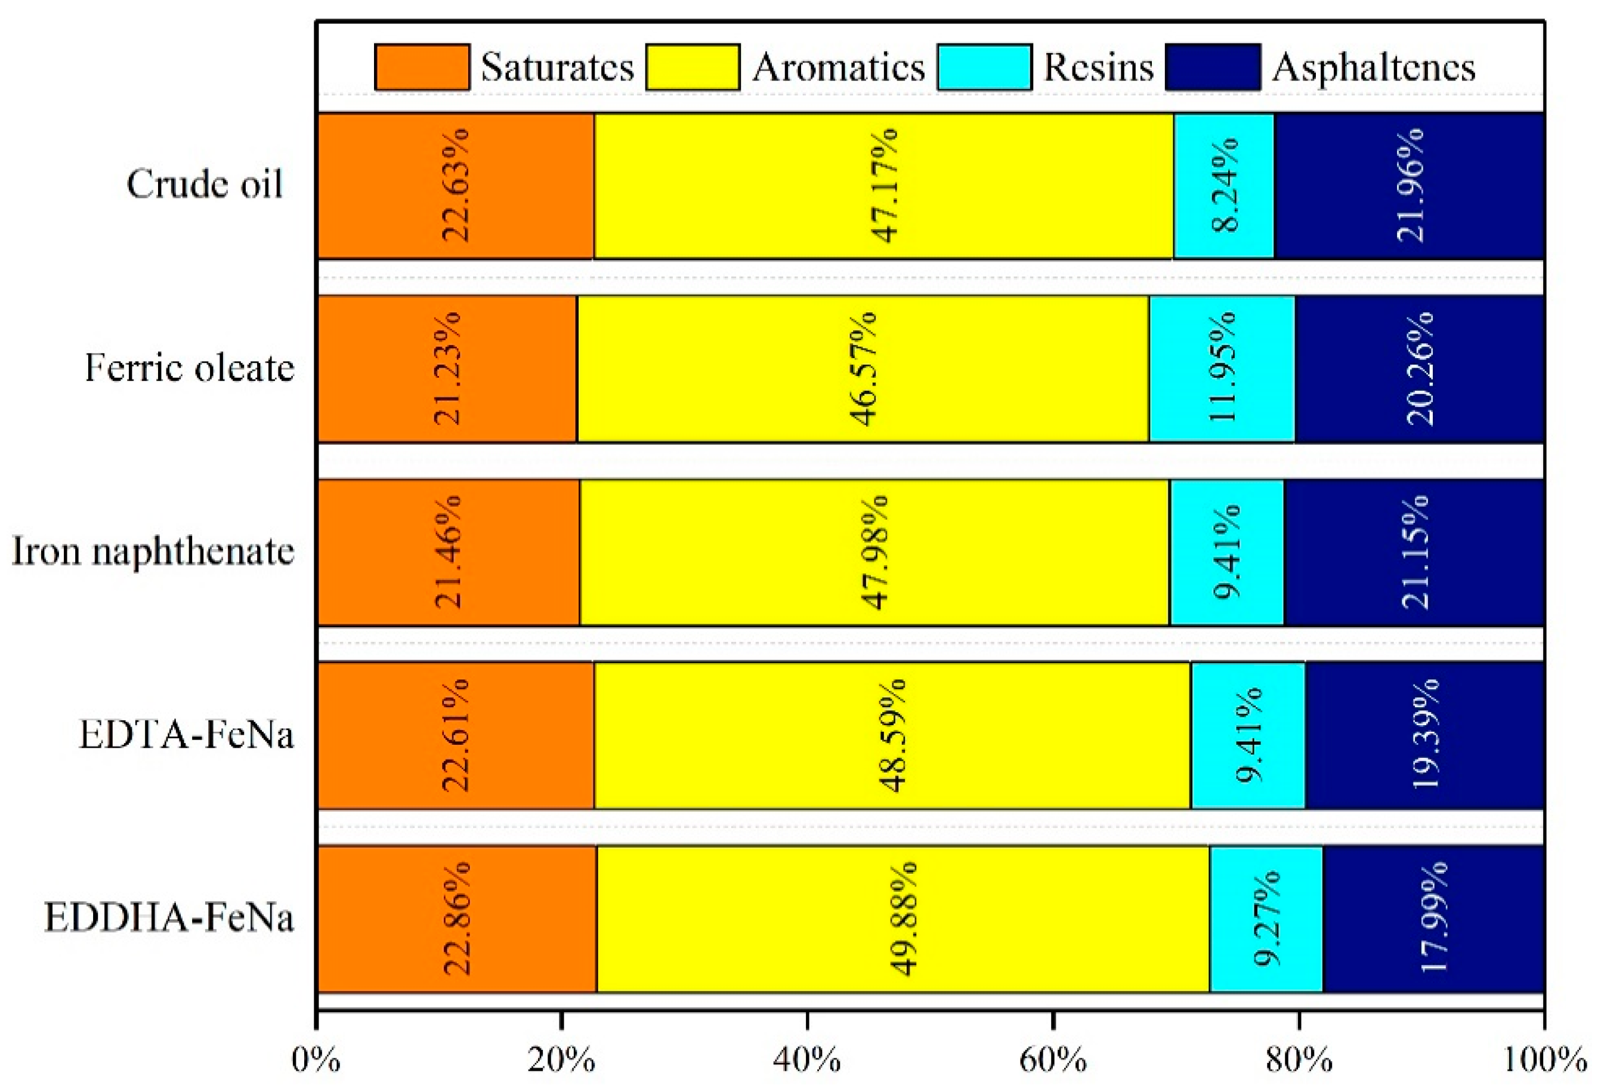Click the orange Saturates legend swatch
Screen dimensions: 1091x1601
tap(422, 67)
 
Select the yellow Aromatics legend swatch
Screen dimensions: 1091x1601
tap(693, 67)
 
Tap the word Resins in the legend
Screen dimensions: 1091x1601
tap(1098, 67)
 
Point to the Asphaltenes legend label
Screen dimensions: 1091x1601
tap(1374, 67)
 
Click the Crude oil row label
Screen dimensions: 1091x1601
tap(205, 184)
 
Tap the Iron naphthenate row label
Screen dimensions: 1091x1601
tap(153, 552)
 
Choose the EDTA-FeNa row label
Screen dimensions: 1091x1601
tap(186, 735)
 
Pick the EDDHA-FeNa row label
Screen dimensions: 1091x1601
tap(169, 918)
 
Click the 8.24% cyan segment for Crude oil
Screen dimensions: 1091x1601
tap(1224, 186)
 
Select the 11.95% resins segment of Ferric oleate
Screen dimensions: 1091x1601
tap(1222, 369)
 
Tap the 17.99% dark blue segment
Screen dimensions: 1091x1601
tap(1433, 919)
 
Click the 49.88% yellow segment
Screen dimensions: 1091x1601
tap(903, 919)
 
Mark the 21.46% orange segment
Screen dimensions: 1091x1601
tap(449, 552)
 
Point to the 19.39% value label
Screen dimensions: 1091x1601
tap(1425, 735)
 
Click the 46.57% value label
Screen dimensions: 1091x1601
tap(863, 369)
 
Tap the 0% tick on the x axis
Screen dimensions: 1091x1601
tap(316, 1061)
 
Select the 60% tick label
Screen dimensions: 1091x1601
tap(1053, 1061)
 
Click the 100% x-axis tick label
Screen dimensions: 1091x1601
tap(1543, 1061)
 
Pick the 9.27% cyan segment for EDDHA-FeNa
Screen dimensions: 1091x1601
tap(1266, 919)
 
